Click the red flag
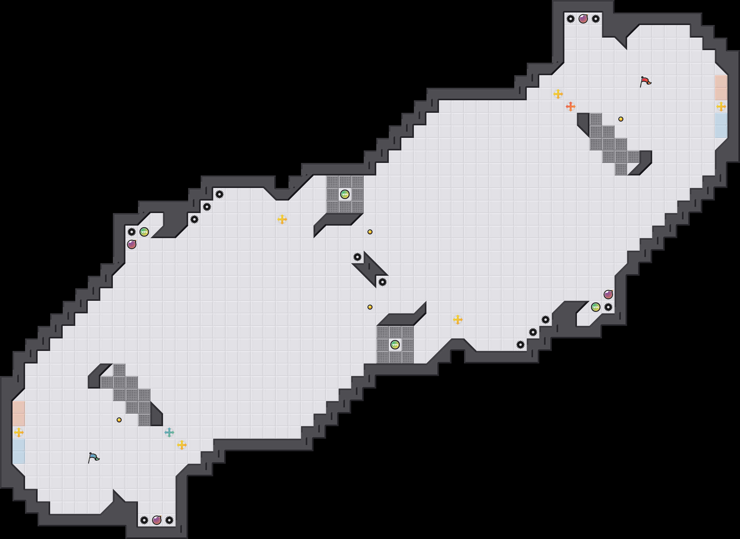[x=645, y=81]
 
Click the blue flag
[x=93, y=458]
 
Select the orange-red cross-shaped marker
[x=571, y=106]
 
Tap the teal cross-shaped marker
[x=169, y=433]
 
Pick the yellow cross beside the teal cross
[x=182, y=445]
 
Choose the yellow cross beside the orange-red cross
[x=558, y=94]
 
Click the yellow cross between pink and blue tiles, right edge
[x=721, y=106]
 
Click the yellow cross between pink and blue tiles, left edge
[x=18, y=433]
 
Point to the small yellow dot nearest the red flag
[x=621, y=119]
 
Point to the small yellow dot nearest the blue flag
[x=119, y=420]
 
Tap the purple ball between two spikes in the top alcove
[x=583, y=18]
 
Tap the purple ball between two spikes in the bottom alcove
[x=157, y=520]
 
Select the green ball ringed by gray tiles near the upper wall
[x=345, y=195]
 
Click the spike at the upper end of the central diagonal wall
[x=357, y=257]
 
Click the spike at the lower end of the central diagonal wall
[x=383, y=282]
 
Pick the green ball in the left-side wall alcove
[x=144, y=232]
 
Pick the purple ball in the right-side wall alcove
[x=608, y=295]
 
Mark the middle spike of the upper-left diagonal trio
[x=207, y=207]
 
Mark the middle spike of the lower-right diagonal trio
[x=533, y=332]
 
